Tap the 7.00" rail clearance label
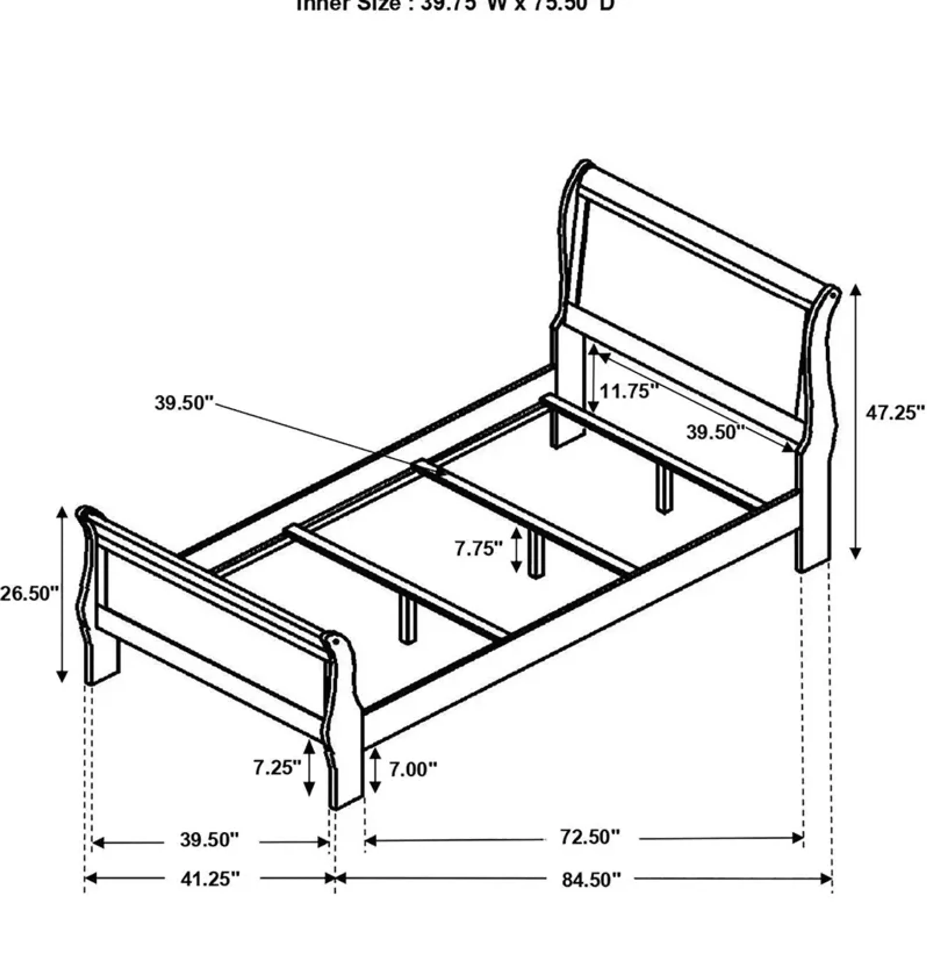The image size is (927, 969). click(413, 769)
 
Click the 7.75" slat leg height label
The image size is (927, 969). click(478, 549)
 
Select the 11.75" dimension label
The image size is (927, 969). click(629, 391)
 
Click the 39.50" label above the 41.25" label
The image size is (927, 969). click(210, 840)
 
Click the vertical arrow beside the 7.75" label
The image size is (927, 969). click(516, 550)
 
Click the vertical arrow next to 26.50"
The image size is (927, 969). click(62, 594)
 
